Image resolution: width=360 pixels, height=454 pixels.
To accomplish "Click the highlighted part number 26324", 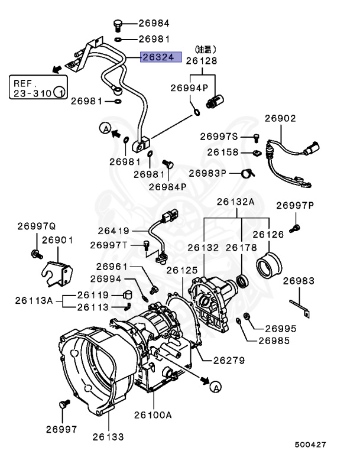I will point(157,57).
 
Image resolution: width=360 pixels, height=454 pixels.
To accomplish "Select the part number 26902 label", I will point(280,118).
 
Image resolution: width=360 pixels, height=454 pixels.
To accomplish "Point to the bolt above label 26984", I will point(117,24).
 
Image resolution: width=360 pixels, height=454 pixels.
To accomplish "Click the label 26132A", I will point(235,202).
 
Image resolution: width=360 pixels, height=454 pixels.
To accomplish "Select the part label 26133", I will point(108,437).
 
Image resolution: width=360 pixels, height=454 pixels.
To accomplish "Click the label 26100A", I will point(153,415).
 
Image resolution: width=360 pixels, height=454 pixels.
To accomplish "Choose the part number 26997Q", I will point(36,226).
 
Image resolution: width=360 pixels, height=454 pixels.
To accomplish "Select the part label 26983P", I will point(207,173).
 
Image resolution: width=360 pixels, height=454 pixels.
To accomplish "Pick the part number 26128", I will point(202,60).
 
